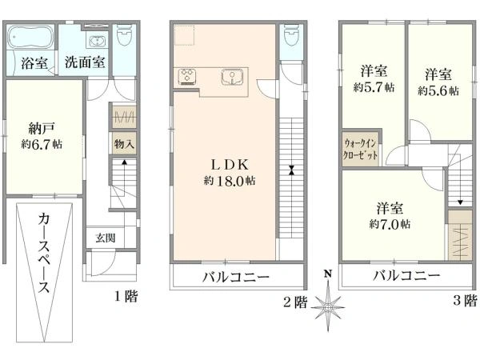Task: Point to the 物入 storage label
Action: tap(123, 144)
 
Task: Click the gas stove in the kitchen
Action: tap(189, 78)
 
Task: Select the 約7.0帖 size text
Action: tap(391, 225)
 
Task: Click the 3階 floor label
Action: tap(465, 301)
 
